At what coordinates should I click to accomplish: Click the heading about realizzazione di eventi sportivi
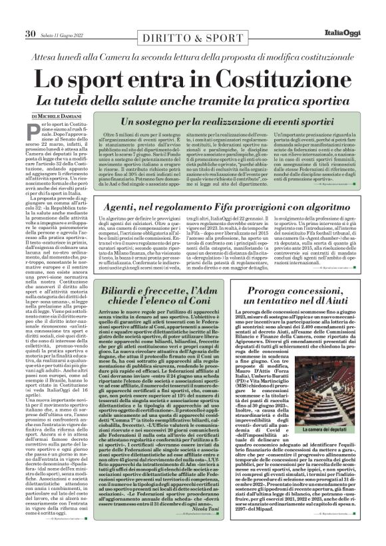(x=227, y=123)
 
